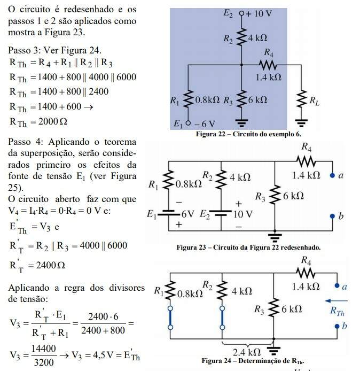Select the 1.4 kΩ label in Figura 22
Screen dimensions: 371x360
269,77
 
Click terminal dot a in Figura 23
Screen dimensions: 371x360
332,175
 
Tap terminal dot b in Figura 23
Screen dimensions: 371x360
332,216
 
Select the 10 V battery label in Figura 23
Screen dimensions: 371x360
241,214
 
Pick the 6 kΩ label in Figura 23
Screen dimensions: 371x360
293,196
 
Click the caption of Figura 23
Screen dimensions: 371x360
248,248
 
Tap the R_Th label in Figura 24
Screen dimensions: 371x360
336,310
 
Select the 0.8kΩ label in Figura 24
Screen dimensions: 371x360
190,293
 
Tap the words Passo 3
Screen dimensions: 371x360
25,50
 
